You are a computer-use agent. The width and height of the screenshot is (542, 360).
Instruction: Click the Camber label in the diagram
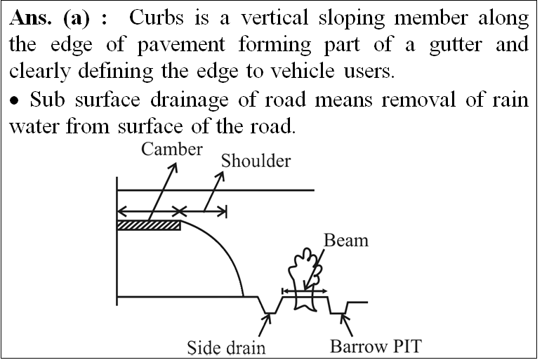click(x=172, y=149)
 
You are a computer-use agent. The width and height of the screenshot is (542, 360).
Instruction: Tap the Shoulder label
click(x=256, y=161)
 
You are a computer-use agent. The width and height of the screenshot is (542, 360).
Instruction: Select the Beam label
click(x=346, y=240)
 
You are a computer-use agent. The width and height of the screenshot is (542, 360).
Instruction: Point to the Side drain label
click(x=226, y=347)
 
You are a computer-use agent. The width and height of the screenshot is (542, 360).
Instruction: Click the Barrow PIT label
click(x=376, y=346)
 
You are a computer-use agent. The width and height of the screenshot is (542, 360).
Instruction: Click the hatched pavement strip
click(x=149, y=225)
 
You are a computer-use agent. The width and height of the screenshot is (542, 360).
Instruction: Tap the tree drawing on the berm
click(x=306, y=280)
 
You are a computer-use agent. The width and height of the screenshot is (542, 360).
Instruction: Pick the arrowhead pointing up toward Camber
click(x=173, y=167)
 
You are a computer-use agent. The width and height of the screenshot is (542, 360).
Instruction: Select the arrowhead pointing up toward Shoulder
click(x=220, y=176)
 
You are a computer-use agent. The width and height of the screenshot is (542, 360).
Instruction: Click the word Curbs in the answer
click(x=157, y=18)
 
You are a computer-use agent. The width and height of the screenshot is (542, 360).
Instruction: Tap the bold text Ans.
click(x=30, y=18)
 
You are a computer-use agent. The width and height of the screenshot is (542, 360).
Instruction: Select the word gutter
click(x=455, y=46)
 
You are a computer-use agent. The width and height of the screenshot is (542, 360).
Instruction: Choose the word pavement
click(x=181, y=46)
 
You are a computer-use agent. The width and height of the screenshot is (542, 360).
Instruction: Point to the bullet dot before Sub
click(x=14, y=101)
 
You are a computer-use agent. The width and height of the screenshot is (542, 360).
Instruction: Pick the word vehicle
click(x=302, y=71)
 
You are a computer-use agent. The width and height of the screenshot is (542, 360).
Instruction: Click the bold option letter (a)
click(x=77, y=18)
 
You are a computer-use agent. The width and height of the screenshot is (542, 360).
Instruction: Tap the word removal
click(x=418, y=100)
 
